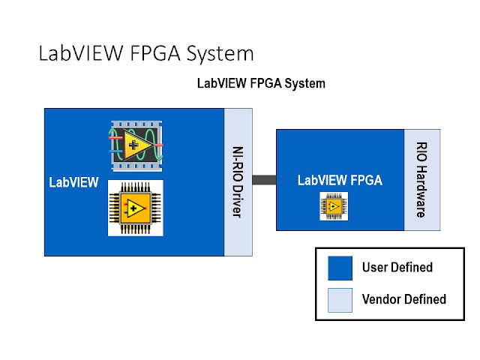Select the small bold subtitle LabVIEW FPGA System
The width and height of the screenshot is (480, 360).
[x=260, y=84]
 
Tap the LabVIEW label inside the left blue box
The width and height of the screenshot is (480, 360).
[x=73, y=182]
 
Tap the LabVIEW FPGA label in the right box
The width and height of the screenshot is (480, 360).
[x=340, y=180]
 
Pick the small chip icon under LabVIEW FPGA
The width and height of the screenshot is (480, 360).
[x=334, y=205]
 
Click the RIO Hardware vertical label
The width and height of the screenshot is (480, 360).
[x=421, y=180]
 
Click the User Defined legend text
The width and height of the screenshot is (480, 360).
[x=397, y=268]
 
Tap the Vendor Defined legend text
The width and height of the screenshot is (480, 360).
[x=403, y=300]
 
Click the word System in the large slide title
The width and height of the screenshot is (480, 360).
[x=220, y=54]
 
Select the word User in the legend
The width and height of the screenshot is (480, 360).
[x=374, y=268]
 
